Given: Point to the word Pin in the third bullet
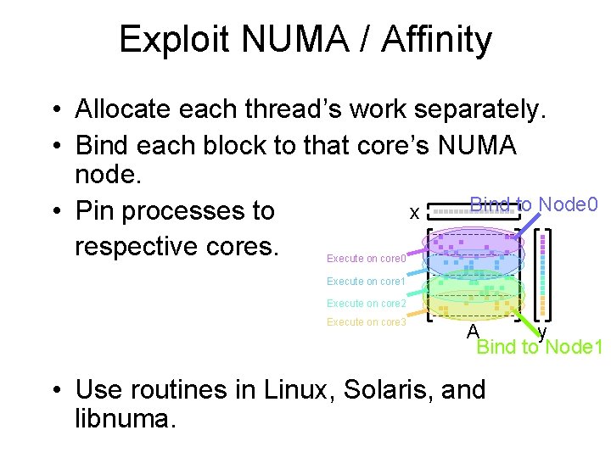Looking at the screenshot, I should pos(96,210).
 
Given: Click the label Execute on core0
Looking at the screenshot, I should pos(367,257).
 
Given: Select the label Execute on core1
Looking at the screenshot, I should pos(367,281).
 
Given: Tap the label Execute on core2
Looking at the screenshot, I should pos(367,303).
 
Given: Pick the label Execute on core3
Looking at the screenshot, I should pos(367,322).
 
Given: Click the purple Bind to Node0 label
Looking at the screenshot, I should pos(535,204).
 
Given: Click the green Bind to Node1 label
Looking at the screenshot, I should pos(540,347).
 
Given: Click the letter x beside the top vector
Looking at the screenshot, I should pos(414,213).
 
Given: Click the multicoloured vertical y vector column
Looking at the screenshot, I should pos(544,271).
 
